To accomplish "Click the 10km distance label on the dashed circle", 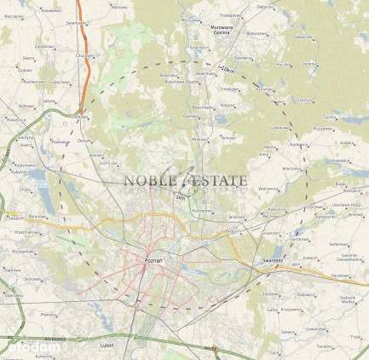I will point(227,68).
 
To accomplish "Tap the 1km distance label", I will point(180,198).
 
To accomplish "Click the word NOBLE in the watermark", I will point(148,180).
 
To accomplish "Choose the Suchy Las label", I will point(107,160).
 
